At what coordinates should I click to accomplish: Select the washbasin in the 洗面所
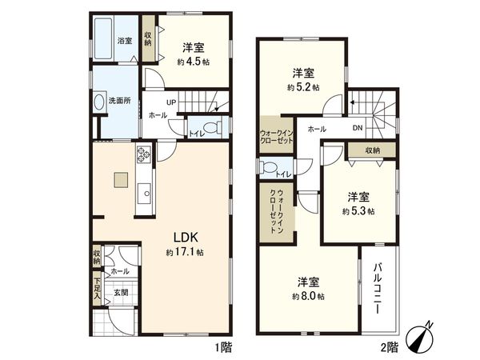[x=99, y=102]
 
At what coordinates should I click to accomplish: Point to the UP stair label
[x=172, y=102]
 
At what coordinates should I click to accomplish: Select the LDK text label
[x=186, y=236]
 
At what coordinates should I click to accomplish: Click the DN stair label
[x=358, y=128]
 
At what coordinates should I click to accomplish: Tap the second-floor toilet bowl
[x=266, y=166]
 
